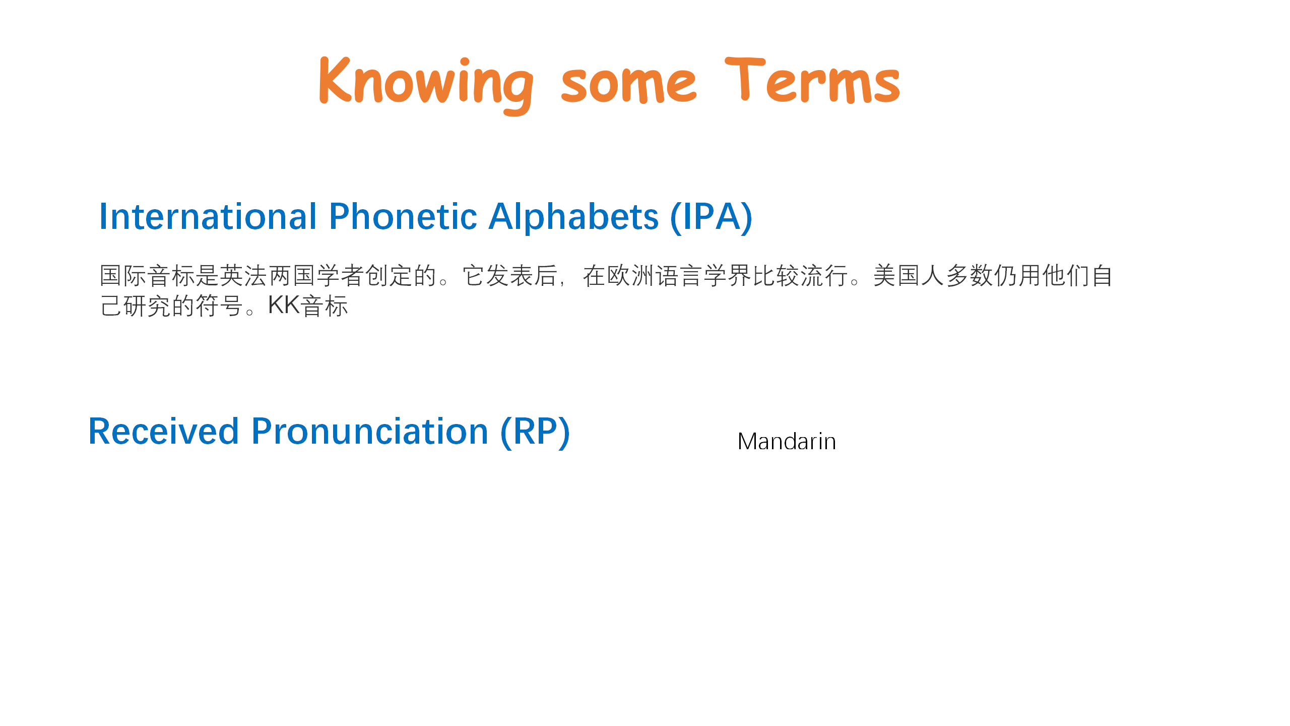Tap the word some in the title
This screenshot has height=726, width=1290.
pos(629,85)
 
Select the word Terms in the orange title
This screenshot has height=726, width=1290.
pos(812,81)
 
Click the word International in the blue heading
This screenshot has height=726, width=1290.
pos(208,217)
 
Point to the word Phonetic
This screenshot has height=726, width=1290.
pos(403,217)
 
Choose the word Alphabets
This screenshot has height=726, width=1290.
pos(573,217)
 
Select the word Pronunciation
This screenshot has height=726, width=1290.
pos(370,432)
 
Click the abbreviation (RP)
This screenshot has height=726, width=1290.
pos(535,433)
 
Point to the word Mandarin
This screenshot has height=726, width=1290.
pos(787,442)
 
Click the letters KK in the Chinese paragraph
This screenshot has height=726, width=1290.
pos(284,305)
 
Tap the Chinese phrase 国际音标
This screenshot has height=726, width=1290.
pos(148,276)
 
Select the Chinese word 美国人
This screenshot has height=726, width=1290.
pos(909,276)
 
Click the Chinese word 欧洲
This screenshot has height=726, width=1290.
pos(630,276)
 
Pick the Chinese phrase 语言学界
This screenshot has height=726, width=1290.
pos(703,276)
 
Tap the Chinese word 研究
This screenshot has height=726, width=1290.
pos(147,306)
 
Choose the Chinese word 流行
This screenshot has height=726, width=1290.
pos(824,276)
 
